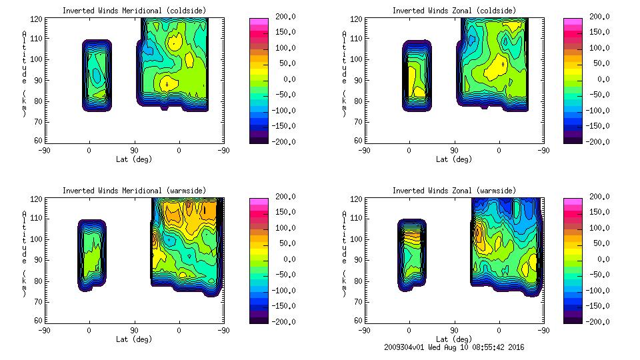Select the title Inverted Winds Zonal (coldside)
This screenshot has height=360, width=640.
454,11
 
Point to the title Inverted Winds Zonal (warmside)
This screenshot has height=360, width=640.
454,191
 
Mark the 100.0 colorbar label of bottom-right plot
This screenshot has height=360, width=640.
598,228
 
